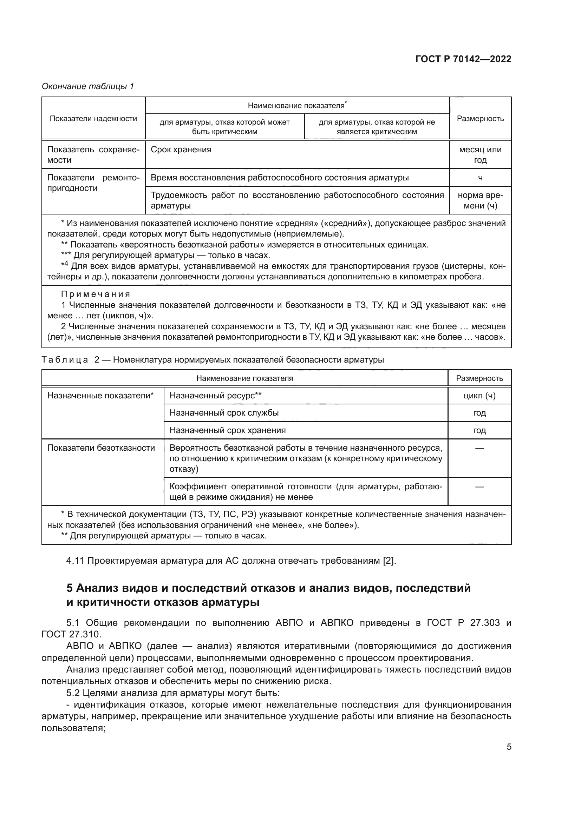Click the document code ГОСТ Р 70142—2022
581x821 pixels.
point(463,59)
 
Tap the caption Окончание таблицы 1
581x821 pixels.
point(88,86)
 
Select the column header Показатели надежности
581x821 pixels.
point(93,119)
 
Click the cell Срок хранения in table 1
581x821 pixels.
point(181,150)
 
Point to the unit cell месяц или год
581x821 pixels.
point(480,154)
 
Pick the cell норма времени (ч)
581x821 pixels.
point(480,200)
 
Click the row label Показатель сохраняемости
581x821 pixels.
point(93,154)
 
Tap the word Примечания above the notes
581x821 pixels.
point(96,294)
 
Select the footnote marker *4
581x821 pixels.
point(64,265)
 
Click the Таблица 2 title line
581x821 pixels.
point(213,360)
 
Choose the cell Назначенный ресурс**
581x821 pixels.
point(215,396)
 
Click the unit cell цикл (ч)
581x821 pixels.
point(479,396)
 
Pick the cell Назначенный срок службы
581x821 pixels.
point(224,413)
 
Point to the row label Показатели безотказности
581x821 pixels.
point(101,448)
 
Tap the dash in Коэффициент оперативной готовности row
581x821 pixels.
point(479,486)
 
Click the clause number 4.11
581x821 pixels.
point(75,560)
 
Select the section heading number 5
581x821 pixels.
point(70,588)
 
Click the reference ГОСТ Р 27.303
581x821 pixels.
point(463,623)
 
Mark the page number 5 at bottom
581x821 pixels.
point(509,747)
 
